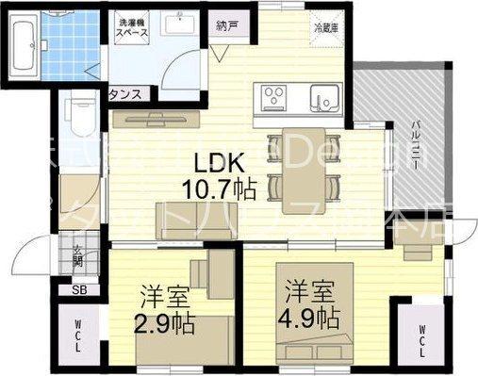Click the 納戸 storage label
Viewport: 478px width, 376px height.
pos(226,25)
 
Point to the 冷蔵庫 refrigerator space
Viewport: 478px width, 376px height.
pos(323,28)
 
